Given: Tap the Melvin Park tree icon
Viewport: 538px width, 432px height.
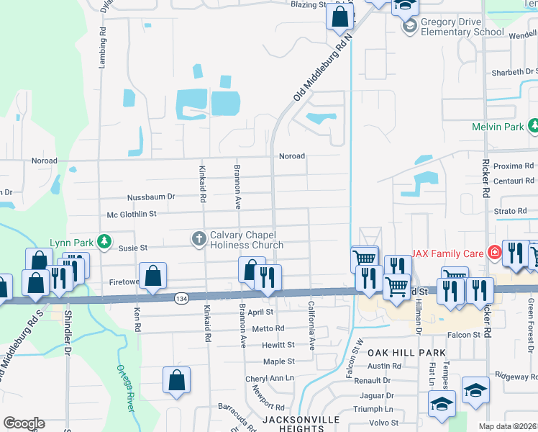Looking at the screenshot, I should [x=532, y=127].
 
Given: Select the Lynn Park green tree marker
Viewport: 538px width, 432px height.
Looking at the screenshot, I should [x=104, y=240].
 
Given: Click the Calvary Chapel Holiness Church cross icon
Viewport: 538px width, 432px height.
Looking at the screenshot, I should [x=199, y=237].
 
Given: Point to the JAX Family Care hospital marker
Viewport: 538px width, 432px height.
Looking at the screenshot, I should [x=494, y=253].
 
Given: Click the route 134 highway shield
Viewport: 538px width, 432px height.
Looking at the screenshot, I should [x=182, y=297].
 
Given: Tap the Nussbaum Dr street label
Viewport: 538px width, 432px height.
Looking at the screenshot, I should [x=151, y=196].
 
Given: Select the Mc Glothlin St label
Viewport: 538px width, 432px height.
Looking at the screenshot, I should [x=132, y=214].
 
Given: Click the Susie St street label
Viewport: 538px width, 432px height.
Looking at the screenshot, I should [x=133, y=247].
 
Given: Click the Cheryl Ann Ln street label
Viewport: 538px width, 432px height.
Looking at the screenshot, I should [x=270, y=378].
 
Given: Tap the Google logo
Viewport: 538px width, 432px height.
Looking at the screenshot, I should [x=23, y=423].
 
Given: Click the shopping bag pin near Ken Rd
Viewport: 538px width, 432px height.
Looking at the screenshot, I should [x=152, y=276].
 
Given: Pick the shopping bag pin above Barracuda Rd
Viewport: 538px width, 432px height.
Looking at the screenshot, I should [x=176, y=380].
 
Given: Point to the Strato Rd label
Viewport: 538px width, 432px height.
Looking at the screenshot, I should [x=511, y=211].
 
